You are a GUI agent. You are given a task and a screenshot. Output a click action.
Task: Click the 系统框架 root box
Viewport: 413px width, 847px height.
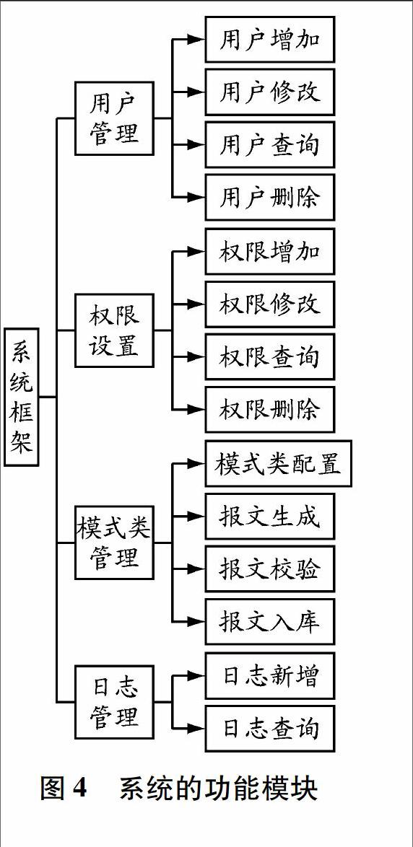22,396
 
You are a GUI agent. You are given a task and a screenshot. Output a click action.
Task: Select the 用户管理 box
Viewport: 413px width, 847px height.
115,118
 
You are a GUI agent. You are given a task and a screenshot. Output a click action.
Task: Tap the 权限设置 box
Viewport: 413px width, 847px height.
115,330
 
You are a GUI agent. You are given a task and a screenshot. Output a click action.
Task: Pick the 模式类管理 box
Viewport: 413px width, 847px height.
115,543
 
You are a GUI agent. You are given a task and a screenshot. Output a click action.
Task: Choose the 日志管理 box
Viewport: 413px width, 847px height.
115,702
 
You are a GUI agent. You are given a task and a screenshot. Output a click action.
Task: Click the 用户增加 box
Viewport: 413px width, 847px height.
270,40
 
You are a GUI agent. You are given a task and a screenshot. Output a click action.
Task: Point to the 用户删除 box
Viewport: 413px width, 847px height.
270,197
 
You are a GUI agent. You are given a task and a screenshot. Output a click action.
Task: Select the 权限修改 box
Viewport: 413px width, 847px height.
270,304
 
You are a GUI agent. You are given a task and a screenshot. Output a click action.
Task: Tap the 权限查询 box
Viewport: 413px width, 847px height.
270,356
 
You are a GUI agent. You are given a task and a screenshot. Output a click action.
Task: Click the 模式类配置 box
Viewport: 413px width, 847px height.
279,463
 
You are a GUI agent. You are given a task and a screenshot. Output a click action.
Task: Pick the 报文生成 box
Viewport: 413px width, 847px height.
270,516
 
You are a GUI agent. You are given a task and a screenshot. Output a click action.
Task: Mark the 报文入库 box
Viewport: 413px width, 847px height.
270,621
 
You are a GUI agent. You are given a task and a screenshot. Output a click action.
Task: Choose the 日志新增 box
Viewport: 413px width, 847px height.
270,675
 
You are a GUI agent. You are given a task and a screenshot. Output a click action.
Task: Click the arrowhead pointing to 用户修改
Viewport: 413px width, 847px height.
196,92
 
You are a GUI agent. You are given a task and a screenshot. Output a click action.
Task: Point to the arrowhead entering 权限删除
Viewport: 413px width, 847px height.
196,410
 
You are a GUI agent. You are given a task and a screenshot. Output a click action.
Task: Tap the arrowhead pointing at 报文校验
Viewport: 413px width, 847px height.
196,569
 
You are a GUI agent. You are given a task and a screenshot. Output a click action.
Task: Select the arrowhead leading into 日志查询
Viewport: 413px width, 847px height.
196,728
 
